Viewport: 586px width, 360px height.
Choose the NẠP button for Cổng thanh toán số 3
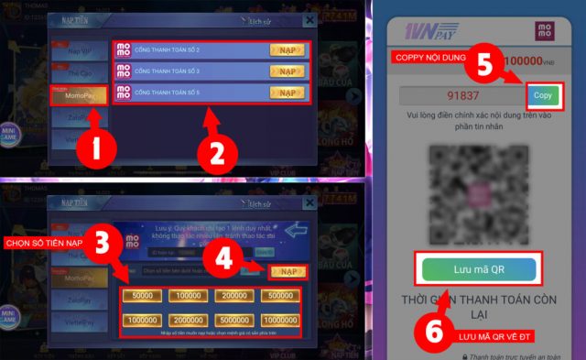[x=287, y=71]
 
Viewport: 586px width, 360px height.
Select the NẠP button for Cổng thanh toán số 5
[x=287, y=93]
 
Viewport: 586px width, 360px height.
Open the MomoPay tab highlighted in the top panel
[x=80, y=95]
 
